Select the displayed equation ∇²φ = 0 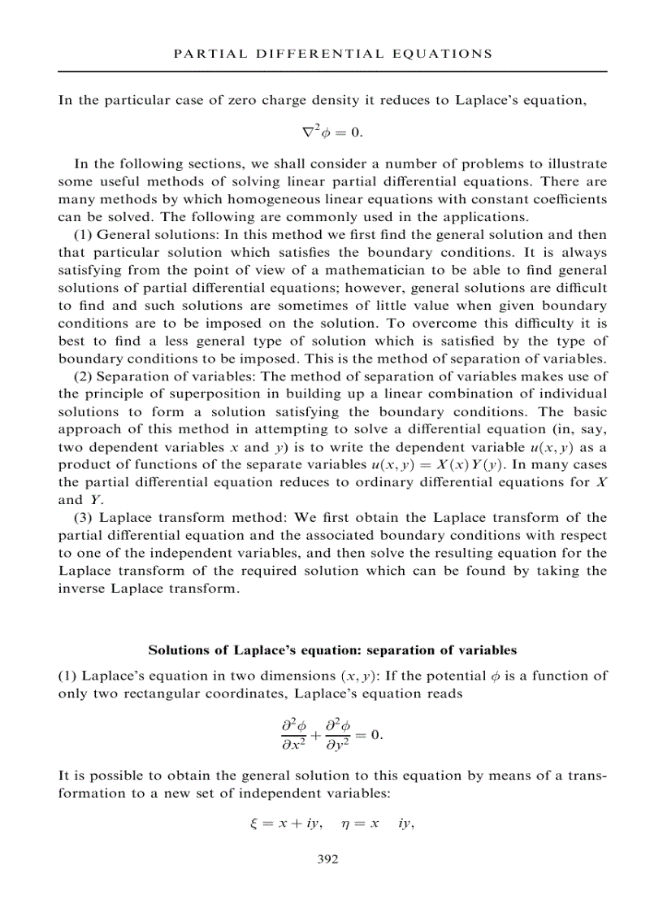click(x=331, y=131)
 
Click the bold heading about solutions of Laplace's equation click(x=331, y=650)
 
